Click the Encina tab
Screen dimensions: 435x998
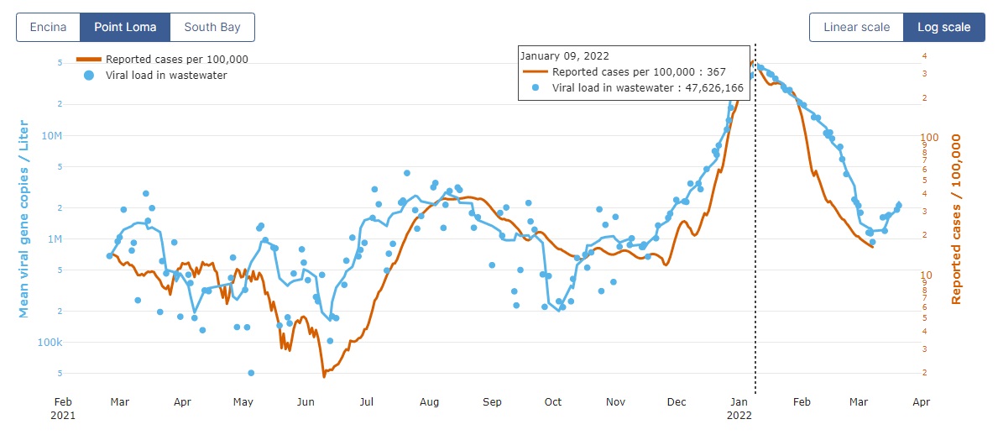(48, 27)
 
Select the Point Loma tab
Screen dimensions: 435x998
(125, 27)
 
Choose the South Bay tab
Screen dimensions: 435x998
(212, 27)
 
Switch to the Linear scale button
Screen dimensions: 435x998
(856, 27)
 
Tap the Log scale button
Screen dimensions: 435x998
(943, 27)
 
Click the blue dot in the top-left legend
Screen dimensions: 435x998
(89, 75)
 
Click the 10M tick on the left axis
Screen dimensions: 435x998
(52, 135)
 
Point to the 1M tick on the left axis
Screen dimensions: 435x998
(55, 238)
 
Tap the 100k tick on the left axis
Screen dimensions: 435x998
(50, 343)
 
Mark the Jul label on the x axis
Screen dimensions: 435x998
(366, 402)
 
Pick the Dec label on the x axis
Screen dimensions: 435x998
(677, 402)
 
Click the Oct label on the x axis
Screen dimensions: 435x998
(553, 402)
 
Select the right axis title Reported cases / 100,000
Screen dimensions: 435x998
(956, 219)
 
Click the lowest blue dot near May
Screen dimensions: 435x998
(251, 372)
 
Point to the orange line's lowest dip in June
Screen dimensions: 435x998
(324, 375)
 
